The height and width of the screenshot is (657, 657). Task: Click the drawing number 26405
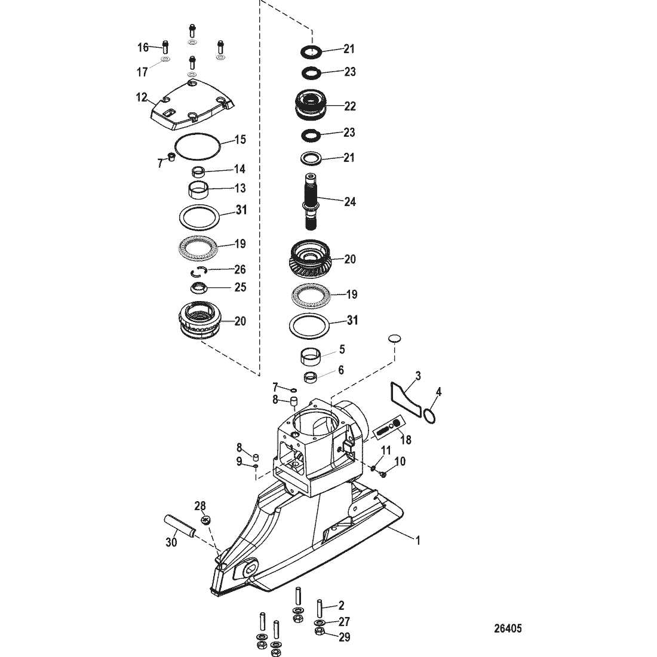coord(508,628)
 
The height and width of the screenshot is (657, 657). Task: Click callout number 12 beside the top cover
coord(142,97)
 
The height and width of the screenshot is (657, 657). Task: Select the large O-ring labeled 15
coord(197,146)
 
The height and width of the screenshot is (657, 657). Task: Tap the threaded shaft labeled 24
coord(311,202)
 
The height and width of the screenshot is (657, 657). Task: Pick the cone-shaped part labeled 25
coord(199,288)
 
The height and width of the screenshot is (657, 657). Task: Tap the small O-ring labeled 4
coord(429,416)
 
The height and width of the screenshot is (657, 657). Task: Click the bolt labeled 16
coord(165,47)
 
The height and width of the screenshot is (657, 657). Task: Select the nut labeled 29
coord(319,632)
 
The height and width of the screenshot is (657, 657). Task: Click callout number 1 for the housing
coord(417,541)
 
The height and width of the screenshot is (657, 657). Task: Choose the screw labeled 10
coord(382,474)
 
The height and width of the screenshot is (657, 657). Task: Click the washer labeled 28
coord(205,520)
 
